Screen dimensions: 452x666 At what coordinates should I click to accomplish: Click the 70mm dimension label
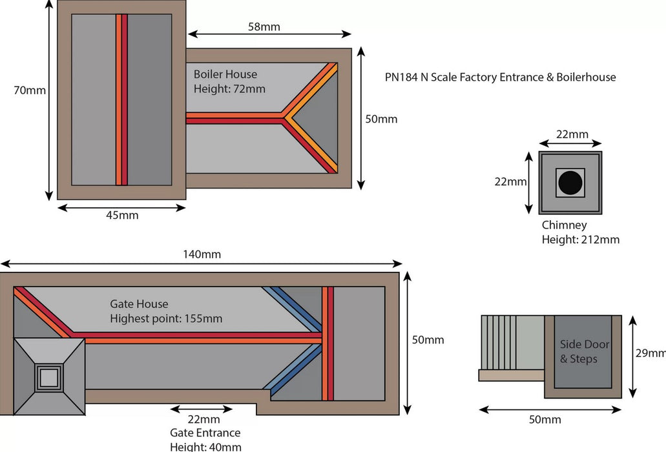(x=30, y=90)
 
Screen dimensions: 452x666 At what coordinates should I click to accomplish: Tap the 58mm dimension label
(x=264, y=26)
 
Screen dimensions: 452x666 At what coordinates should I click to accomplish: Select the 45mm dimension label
(x=121, y=215)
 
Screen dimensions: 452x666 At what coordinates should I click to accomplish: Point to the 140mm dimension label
(x=201, y=254)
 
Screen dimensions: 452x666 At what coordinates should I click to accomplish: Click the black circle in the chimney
(x=570, y=183)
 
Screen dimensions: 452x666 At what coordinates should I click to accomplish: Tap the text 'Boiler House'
(x=225, y=75)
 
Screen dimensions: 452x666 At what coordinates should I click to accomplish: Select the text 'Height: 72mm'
(x=229, y=89)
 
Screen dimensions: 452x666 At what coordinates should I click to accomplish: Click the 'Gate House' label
(x=139, y=304)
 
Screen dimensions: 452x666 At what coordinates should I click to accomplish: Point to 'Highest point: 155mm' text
(x=166, y=318)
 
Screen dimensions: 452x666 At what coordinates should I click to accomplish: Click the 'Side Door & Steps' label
(x=584, y=352)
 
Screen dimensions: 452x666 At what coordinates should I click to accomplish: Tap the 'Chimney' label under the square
(x=564, y=225)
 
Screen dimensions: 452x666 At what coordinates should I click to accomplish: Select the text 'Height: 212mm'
(x=580, y=240)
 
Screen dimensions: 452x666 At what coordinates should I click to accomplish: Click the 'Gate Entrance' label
(x=205, y=433)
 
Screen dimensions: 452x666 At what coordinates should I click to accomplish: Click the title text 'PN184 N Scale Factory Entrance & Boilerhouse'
(x=500, y=77)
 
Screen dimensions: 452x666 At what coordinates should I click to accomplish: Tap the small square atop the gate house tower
(x=49, y=376)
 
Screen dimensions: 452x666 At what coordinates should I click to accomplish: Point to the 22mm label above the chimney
(x=572, y=134)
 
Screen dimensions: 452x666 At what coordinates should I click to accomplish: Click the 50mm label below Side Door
(x=545, y=420)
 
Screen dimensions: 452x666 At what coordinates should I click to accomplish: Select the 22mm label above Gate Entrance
(x=201, y=420)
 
